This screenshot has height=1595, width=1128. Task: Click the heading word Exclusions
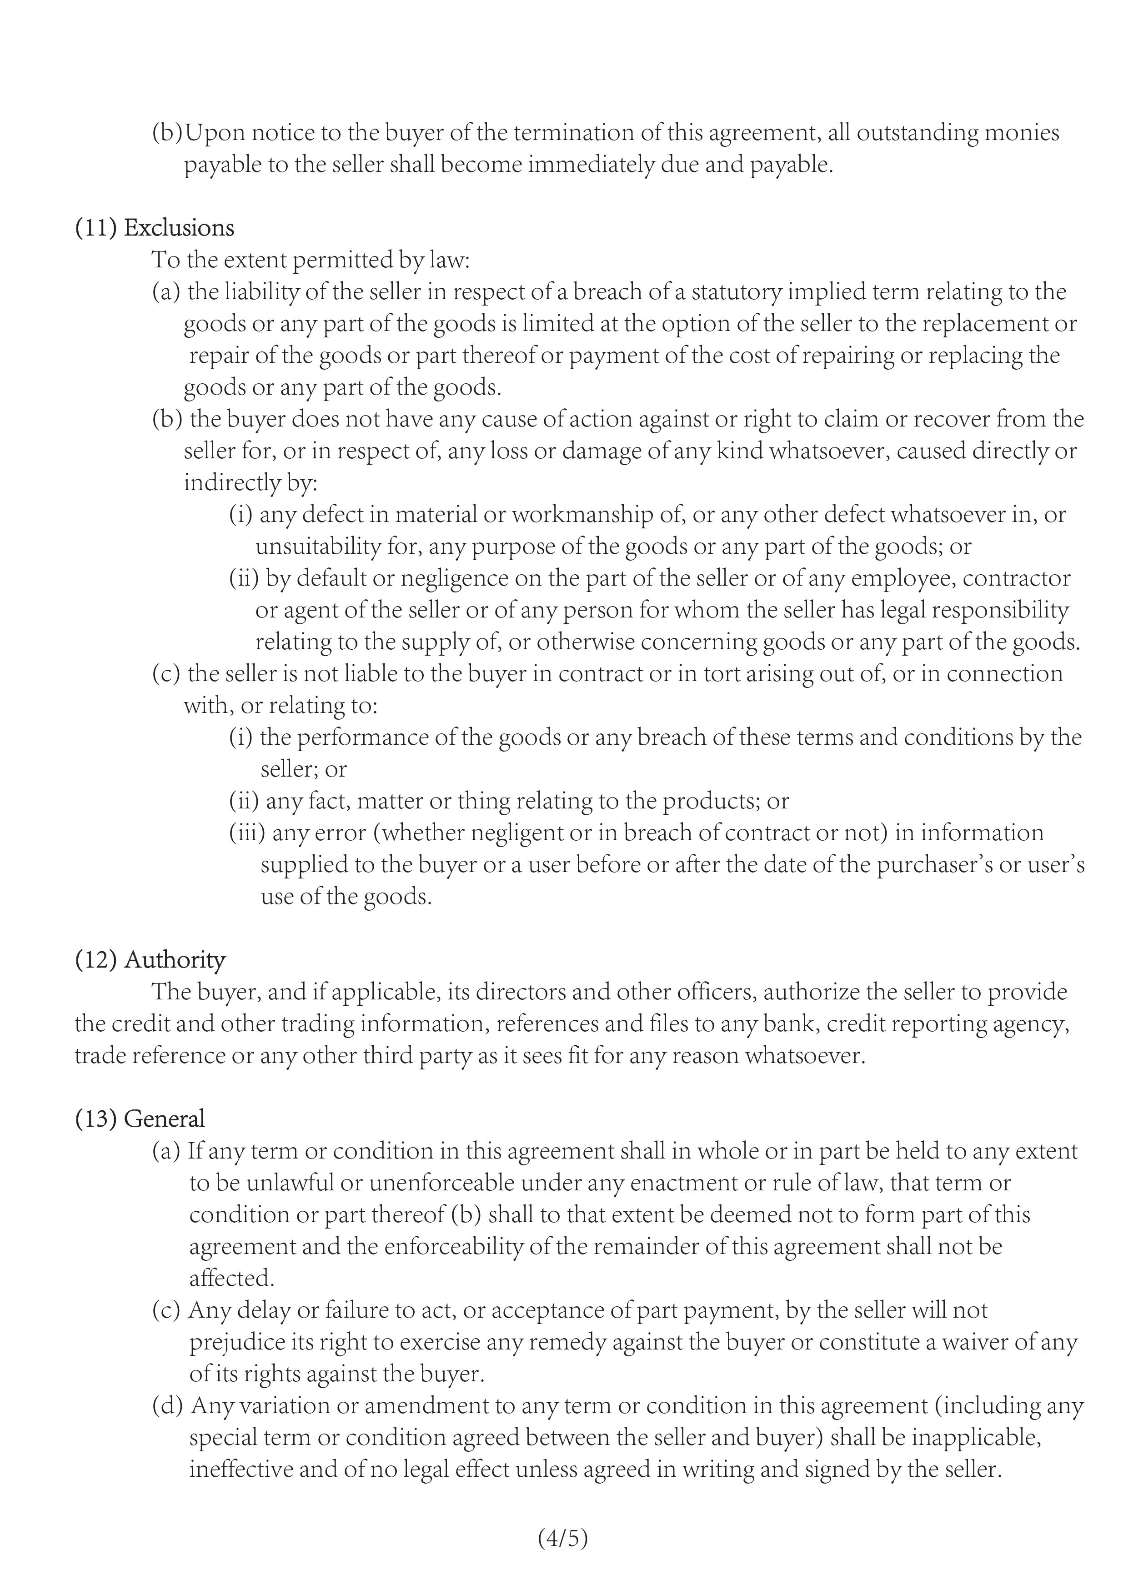(179, 228)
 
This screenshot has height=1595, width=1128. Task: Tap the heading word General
(164, 1119)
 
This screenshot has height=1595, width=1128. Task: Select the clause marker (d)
(167, 1405)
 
